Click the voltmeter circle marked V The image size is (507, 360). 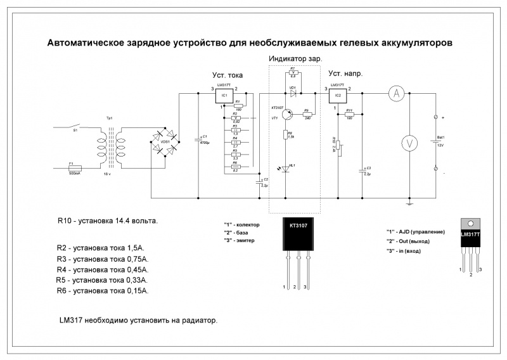coord(409,143)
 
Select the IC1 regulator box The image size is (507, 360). coord(225,96)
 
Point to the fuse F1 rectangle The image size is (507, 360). coord(75,168)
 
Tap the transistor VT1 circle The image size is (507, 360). coord(286,114)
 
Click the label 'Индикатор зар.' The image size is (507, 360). coord(295,58)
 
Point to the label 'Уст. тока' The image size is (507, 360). coord(228,75)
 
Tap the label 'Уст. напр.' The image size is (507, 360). coord(345,74)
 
